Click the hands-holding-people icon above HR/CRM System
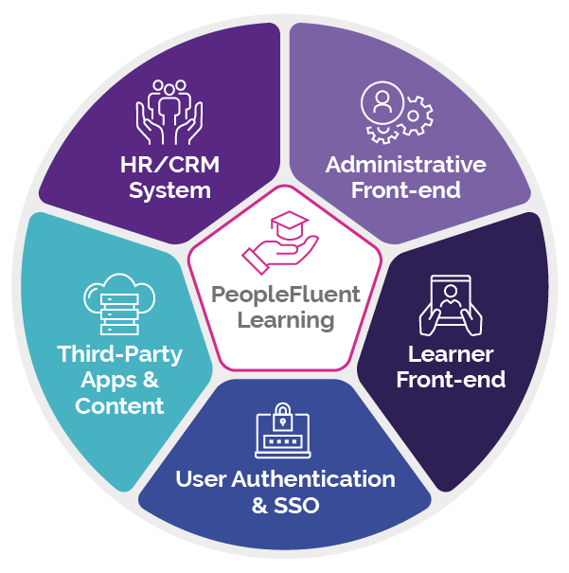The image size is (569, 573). (170, 110)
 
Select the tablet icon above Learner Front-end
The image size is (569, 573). (451, 305)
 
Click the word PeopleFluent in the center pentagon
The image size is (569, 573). (286, 295)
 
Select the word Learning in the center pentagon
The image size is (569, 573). (286, 320)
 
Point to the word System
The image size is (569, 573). (170, 190)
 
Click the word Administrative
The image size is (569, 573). (405, 165)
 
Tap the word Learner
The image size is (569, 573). (451, 355)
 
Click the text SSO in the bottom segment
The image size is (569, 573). (298, 505)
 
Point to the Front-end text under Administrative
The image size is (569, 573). (405, 190)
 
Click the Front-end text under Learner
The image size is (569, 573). (451, 381)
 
